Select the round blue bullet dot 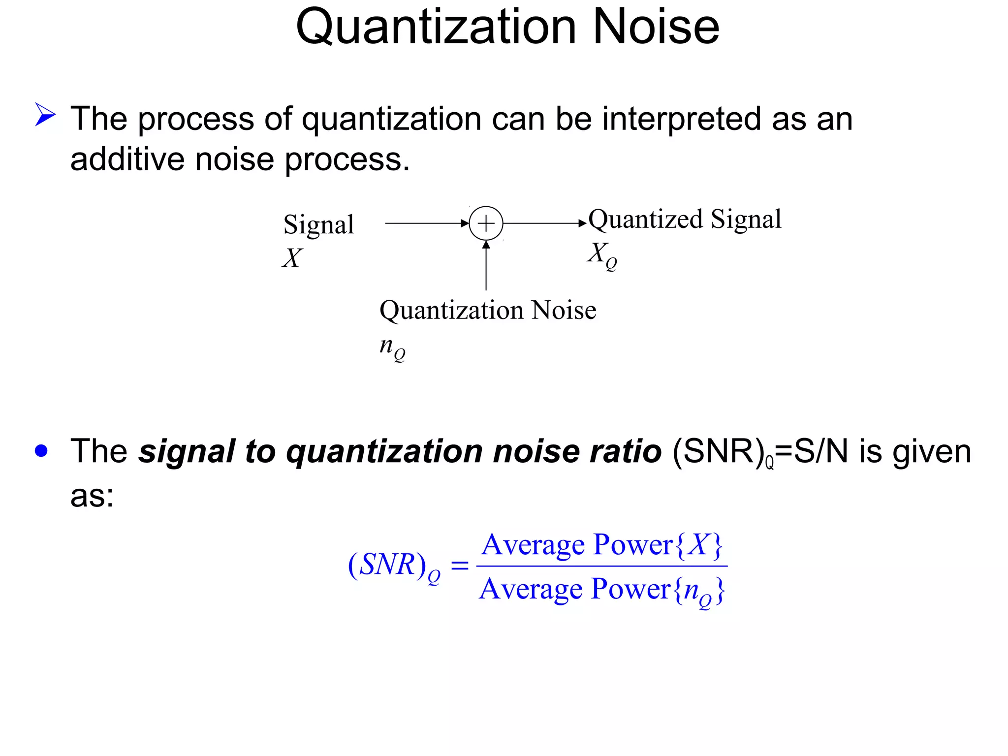click(x=42, y=451)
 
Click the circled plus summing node click(x=486, y=223)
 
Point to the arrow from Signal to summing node click(x=426, y=223)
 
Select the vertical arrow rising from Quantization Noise click(x=486, y=266)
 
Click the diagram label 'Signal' click(x=318, y=224)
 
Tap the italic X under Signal click(x=292, y=258)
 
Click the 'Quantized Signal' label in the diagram click(x=685, y=219)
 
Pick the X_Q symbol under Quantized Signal click(x=601, y=255)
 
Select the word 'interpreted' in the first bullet click(x=682, y=119)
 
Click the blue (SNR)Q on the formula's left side click(x=394, y=566)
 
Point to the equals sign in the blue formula click(x=460, y=566)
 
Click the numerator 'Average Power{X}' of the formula click(x=602, y=545)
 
